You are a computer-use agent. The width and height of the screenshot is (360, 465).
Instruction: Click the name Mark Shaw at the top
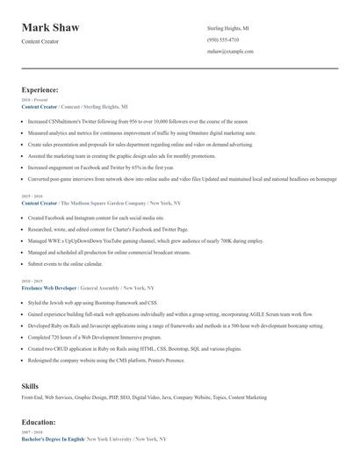pyautogui.click(x=51, y=28)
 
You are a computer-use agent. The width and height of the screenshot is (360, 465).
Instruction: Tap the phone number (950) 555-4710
pyautogui.click(x=222, y=39)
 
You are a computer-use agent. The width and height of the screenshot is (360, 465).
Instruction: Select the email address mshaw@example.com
pyautogui.click(x=230, y=52)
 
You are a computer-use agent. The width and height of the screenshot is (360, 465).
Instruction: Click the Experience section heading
pyautogui.click(x=40, y=89)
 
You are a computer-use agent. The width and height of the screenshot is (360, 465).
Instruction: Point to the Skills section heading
pyautogui.click(x=30, y=385)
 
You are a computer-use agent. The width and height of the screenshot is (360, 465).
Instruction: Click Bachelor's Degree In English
pyautogui.click(x=52, y=438)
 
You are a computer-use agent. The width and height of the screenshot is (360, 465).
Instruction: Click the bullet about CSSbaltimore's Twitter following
pyautogui.click(x=132, y=120)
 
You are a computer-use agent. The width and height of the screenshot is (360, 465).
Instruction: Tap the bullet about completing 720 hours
pyautogui.click(x=86, y=337)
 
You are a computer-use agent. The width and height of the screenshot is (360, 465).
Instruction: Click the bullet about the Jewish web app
pyautogui.click(x=90, y=303)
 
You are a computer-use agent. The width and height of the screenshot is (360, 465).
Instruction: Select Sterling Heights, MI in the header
pyautogui.click(x=227, y=27)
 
